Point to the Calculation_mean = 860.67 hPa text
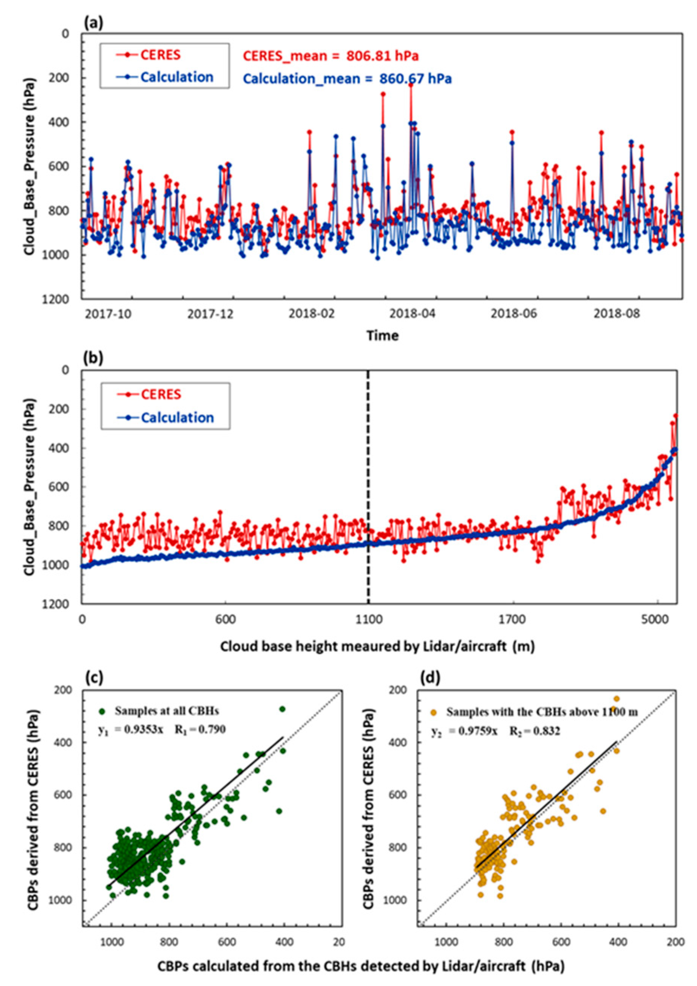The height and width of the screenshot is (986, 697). (x=347, y=79)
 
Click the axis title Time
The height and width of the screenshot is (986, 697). (x=382, y=335)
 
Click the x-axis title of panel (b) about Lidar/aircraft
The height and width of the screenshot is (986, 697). (x=378, y=647)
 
